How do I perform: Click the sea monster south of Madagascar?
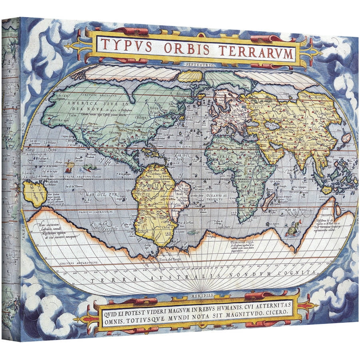291,230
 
